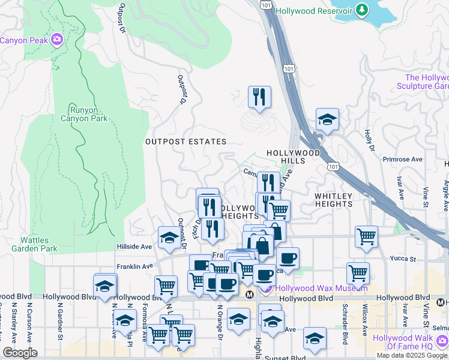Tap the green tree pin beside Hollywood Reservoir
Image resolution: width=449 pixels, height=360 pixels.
361,10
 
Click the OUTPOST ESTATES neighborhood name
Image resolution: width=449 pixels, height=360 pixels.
185,142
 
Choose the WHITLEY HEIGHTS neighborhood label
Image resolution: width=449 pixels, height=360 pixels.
334,200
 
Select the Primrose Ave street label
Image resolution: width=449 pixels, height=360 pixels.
403,160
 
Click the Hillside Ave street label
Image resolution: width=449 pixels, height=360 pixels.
134,247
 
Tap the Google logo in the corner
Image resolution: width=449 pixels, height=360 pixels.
20,353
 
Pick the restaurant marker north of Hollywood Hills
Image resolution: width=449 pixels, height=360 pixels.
259,97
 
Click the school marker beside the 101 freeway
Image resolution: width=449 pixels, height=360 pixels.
327,119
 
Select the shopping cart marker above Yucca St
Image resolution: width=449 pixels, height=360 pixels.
366,235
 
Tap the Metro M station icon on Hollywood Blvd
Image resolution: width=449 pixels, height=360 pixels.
250,294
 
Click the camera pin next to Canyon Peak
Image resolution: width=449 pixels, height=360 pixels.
57,40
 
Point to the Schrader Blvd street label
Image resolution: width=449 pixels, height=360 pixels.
345,331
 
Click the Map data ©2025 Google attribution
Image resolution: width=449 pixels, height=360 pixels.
412,355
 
